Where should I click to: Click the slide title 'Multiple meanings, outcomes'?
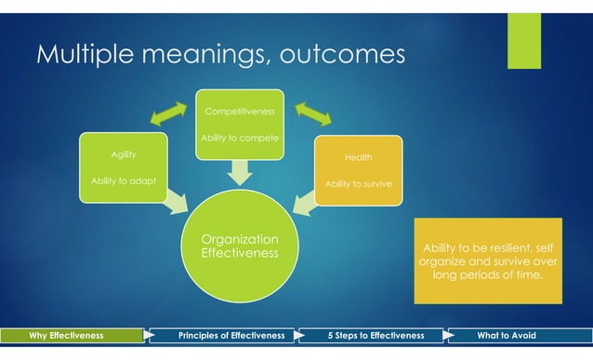(220, 56)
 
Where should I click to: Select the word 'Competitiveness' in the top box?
(239, 112)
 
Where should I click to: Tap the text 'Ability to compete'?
(239, 140)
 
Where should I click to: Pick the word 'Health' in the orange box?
(359, 157)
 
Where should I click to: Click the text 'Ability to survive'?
(359, 183)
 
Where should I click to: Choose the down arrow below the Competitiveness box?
(240, 170)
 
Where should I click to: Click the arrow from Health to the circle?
(305, 203)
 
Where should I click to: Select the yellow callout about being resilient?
(488, 260)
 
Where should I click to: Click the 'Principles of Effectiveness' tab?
(231, 335)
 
